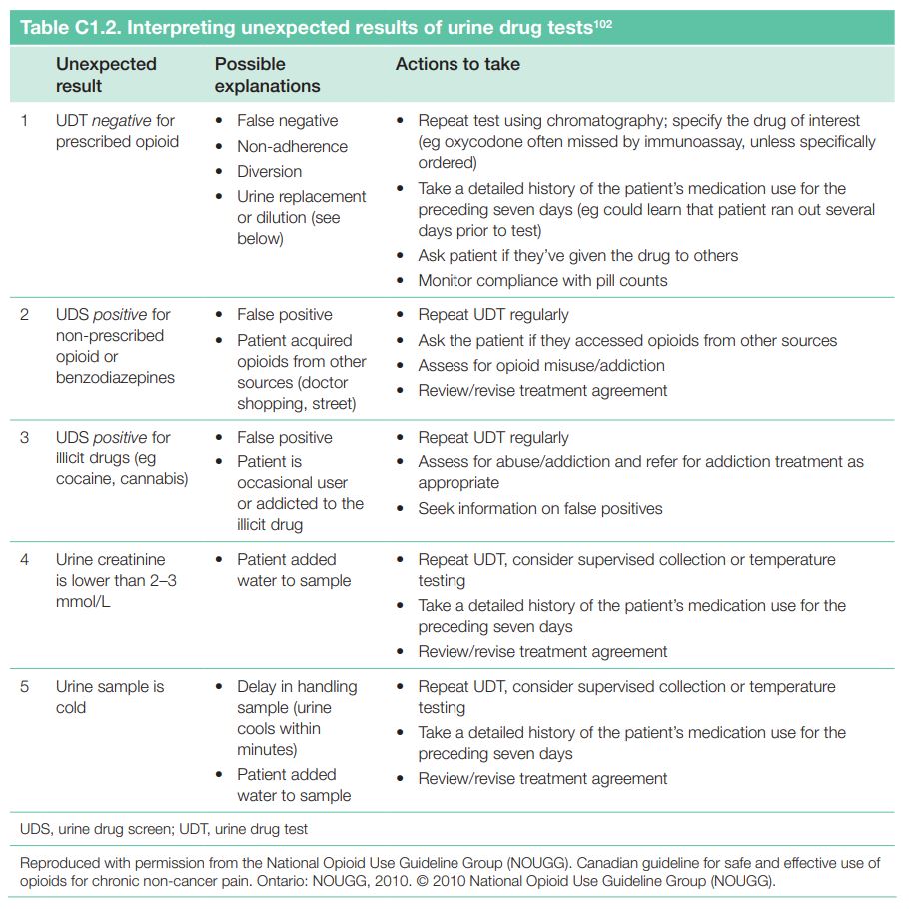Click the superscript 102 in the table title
[602, 21]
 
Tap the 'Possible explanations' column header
[267, 75]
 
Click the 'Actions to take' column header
[457, 64]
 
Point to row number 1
[25, 121]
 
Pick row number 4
[25, 560]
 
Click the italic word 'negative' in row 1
[123, 121]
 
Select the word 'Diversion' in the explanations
[269, 172]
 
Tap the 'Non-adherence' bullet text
[292, 146]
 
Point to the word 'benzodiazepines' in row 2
[115, 378]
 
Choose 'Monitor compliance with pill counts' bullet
[542, 281]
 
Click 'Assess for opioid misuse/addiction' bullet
[541, 366]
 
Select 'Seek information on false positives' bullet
[540, 509]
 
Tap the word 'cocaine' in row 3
[84, 479]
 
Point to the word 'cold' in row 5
[72, 708]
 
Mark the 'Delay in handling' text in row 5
[297, 687]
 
